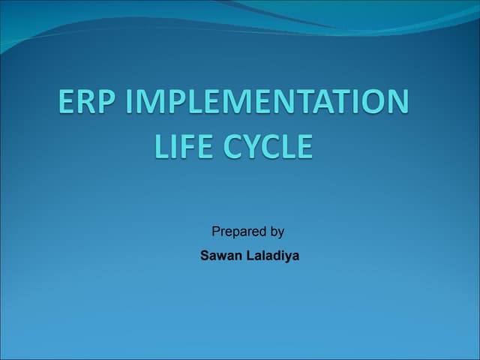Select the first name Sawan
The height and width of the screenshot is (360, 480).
(219, 256)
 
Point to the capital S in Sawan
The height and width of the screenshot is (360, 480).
(205, 256)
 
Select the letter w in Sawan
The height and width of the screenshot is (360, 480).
(222, 256)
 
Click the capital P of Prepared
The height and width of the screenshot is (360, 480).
(216, 232)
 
